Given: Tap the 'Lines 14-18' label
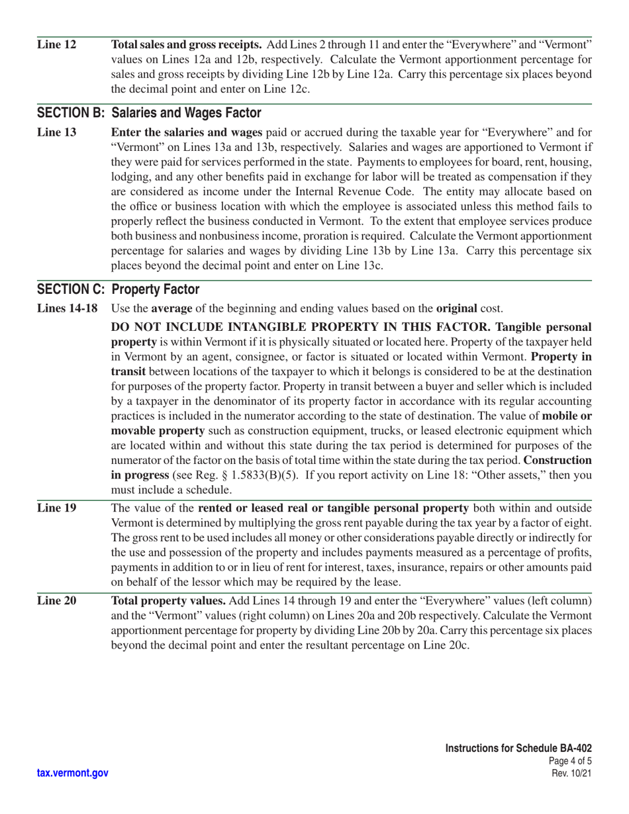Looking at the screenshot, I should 68,308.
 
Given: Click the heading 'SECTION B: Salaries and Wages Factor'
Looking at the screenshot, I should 149,113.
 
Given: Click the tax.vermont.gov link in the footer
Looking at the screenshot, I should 73,773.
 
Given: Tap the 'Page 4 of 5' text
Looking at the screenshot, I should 570,761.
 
